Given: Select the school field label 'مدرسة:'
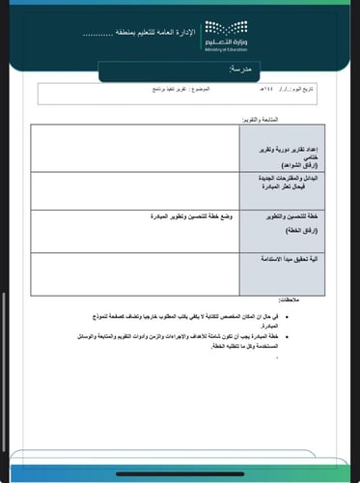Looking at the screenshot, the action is pyautogui.click(x=241, y=71).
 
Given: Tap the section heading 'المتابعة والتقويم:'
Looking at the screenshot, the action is pyautogui.click(x=262, y=119).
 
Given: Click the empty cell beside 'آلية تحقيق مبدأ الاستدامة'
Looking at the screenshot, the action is pyautogui.click(x=135, y=274).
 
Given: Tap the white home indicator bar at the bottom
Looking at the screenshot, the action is pyautogui.click(x=180, y=474).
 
